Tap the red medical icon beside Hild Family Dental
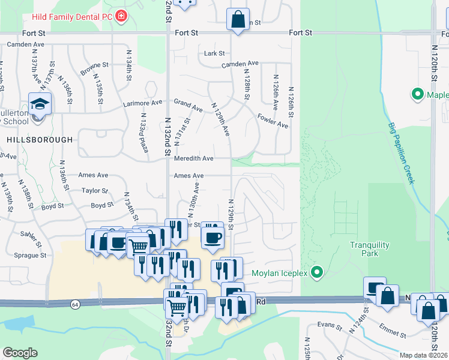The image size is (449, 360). pyautogui.click(x=122, y=15)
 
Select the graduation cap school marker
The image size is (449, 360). pyautogui.click(x=40, y=104)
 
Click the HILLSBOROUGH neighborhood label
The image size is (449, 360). pyautogui.click(x=41, y=139)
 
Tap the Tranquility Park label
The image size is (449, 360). pyautogui.click(x=370, y=249)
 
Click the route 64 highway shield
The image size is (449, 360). pyautogui.click(x=74, y=304)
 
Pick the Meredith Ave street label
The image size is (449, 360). pyautogui.click(x=193, y=159)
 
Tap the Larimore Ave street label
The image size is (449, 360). pyautogui.click(x=143, y=103)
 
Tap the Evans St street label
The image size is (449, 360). pyautogui.click(x=330, y=328)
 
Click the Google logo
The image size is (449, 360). pyautogui.click(x=20, y=352)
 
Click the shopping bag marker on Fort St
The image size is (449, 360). pyautogui.click(x=238, y=19)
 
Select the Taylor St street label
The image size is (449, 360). pyautogui.click(x=95, y=191)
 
